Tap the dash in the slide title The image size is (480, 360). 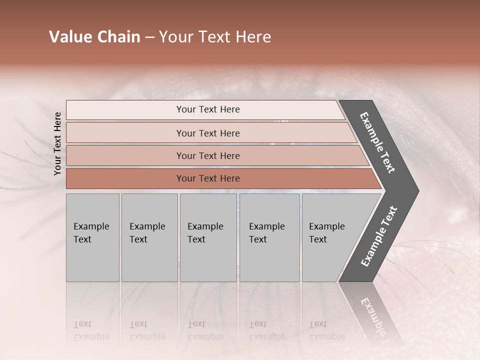pyautogui.click(x=149, y=37)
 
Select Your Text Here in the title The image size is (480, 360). pyautogui.click(x=215, y=37)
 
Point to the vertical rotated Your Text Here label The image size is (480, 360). pyautogui.click(x=57, y=143)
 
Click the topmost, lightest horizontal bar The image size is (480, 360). pyautogui.click(x=207, y=109)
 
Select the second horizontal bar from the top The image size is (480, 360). pyautogui.click(x=207, y=133)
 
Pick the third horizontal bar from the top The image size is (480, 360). pyautogui.click(x=207, y=155)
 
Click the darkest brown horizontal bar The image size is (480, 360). pyautogui.click(x=207, y=178)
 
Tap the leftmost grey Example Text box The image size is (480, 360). pyautogui.click(x=92, y=237)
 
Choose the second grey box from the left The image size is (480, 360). pyautogui.click(x=149, y=237)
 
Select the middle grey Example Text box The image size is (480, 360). pyautogui.click(x=208, y=237)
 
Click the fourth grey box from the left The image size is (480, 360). pyautogui.click(x=269, y=237)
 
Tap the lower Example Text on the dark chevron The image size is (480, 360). pyautogui.click(x=379, y=236)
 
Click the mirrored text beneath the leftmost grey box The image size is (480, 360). pyautogui.click(x=91, y=330)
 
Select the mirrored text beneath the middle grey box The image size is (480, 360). pyautogui.click(x=205, y=330)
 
